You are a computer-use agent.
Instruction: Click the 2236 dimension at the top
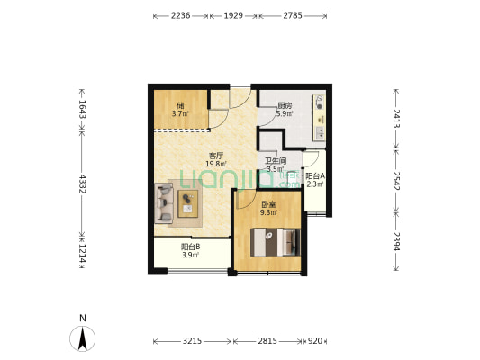click(x=180, y=15)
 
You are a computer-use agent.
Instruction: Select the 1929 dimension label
click(x=233, y=15)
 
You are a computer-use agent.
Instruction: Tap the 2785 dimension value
click(x=293, y=15)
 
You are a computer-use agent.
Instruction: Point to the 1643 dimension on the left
click(x=82, y=109)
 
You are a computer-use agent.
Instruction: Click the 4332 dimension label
click(x=82, y=184)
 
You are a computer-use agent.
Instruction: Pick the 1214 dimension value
click(x=82, y=253)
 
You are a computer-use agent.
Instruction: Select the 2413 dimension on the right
click(x=396, y=119)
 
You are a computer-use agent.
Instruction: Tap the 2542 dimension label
click(x=396, y=181)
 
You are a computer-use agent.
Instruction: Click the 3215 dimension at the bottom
click(x=192, y=341)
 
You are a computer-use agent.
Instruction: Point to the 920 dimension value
click(x=314, y=341)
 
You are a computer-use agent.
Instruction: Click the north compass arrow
click(x=82, y=338)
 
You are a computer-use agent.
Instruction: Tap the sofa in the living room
click(x=164, y=203)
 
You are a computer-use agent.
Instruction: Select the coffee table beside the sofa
click(x=188, y=203)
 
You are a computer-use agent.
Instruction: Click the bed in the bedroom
click(x=276, y=242)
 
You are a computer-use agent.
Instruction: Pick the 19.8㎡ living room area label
click(x=216, y=164)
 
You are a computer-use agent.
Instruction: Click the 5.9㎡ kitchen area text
click(x=285, y=114)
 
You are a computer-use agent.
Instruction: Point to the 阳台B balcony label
click(x=190, y=247)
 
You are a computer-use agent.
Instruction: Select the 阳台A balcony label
click(x=315, y=176)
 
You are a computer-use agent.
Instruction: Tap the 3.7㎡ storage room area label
click(x=180, y=114)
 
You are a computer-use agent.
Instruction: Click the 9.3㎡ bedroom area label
click(x=268, y=212)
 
